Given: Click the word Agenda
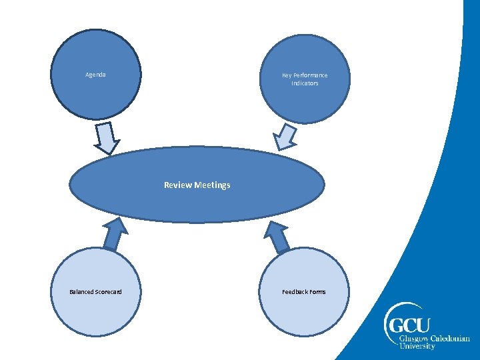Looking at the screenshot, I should (95, 75).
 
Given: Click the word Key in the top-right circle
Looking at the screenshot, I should (287, 75).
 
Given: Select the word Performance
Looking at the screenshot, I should (310, 75).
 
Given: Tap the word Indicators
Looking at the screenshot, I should (305, 83).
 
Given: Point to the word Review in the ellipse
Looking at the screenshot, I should (178, 185).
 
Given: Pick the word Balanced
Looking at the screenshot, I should (81, 292).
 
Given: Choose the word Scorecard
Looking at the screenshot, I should (108, 292).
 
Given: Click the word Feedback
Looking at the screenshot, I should (294, 292).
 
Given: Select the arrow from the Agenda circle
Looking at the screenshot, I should (106, 139).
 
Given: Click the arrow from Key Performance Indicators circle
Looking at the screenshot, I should (286, 136).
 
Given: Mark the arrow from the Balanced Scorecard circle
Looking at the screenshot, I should (115, 235).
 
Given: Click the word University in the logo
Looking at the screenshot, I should (417, 347).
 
